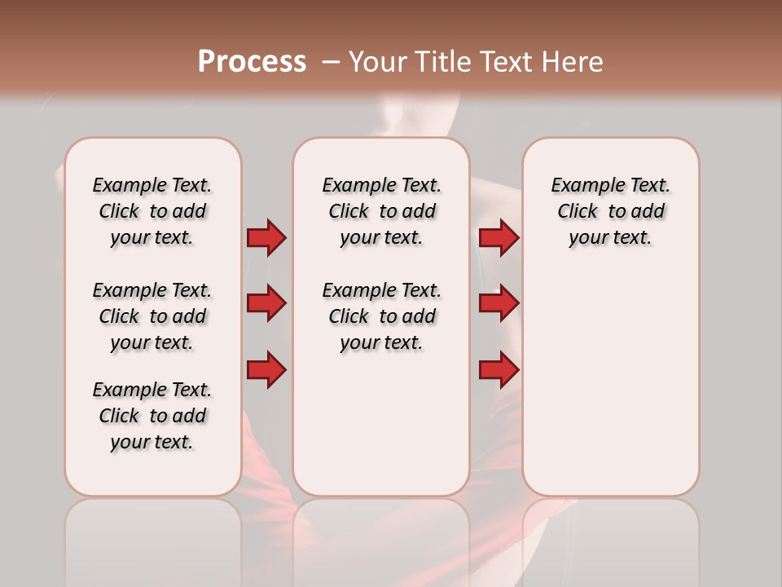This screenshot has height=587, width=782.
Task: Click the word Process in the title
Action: coord(252,62)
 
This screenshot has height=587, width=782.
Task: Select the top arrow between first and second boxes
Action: coord(266,237)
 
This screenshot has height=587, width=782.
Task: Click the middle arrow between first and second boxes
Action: coord(266,303)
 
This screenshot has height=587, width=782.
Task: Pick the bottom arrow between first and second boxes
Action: coord(266,370)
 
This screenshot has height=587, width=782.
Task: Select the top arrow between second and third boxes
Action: coord(499,237)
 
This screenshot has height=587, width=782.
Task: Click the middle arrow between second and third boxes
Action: coord(499,303)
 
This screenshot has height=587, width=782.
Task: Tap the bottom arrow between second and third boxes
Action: coord(499,370)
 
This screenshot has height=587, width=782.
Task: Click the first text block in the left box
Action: coord(152,211)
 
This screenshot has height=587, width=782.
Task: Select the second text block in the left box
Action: coord(152,316)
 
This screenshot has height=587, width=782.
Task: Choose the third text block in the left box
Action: coord(152,416)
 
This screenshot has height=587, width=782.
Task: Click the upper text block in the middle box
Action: coord(381,211)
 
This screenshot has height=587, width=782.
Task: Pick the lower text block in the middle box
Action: coord(381,316)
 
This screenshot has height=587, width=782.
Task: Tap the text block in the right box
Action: coord(610,211)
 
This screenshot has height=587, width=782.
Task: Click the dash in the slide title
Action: coord(331,62)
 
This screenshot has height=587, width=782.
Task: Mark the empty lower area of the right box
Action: coord(610,383)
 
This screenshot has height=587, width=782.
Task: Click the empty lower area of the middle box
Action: coord(381,424)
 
